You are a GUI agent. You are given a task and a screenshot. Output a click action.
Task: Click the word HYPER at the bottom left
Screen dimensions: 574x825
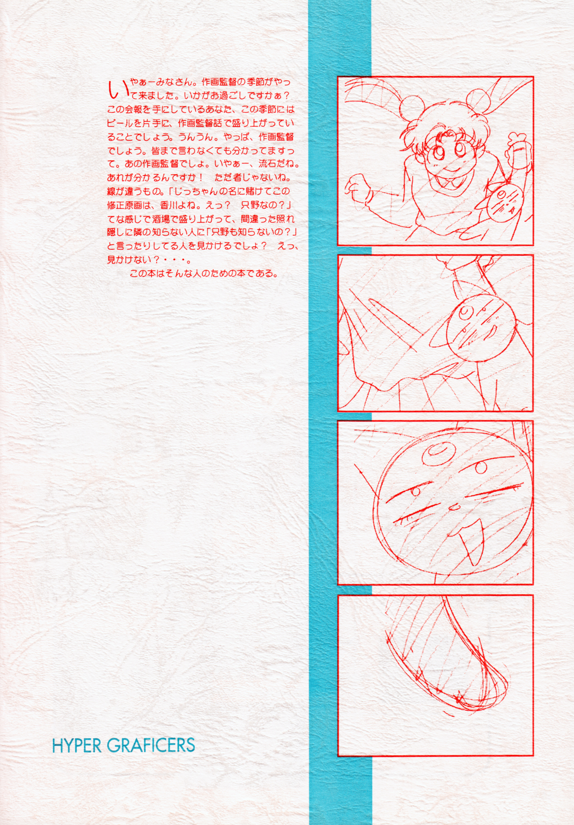point(77,745)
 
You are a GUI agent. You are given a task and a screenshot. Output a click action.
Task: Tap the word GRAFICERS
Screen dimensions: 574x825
point(151,745)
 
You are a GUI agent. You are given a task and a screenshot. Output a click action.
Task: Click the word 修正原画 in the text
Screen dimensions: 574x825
point(126,205)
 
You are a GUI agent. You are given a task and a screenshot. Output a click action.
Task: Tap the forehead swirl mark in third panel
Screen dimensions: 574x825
point(438,452)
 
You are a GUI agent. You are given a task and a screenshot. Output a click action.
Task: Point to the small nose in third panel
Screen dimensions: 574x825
point(453,507)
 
